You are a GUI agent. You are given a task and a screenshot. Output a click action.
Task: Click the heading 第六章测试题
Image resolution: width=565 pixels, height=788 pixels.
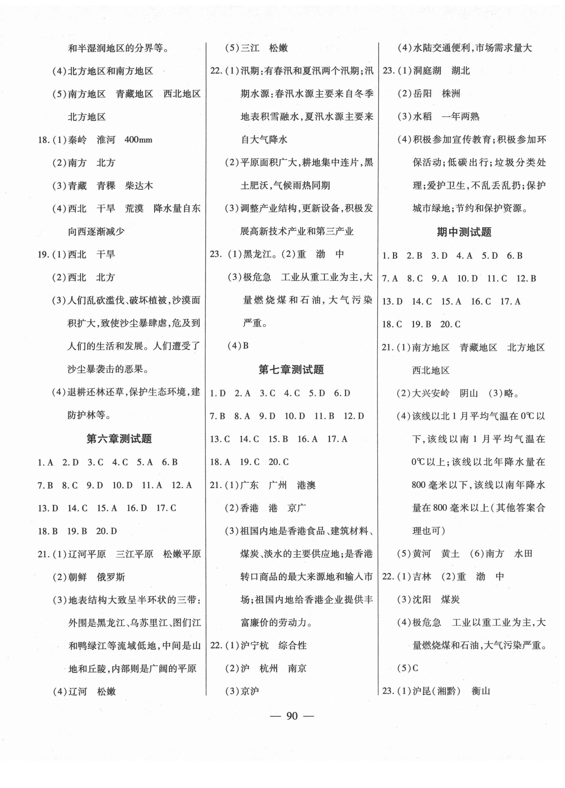click(119, 439)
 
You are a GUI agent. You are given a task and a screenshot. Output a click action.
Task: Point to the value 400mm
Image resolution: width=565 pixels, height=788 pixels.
click(138, 140)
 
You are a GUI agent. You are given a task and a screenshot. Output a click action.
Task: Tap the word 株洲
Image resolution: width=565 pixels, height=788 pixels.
click(451, 94)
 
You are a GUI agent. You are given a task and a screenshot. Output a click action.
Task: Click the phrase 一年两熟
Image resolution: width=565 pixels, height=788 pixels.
click(460, 117)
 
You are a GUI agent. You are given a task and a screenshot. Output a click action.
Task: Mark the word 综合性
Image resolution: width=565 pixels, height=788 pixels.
click(293, 646)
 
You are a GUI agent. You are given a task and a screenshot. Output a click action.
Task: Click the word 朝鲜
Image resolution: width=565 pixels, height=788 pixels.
click(78, 577)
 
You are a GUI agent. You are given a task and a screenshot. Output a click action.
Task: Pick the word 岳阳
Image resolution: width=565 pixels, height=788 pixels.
click(423, 94)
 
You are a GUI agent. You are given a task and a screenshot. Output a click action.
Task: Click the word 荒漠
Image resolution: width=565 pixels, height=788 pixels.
click(134, 209)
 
